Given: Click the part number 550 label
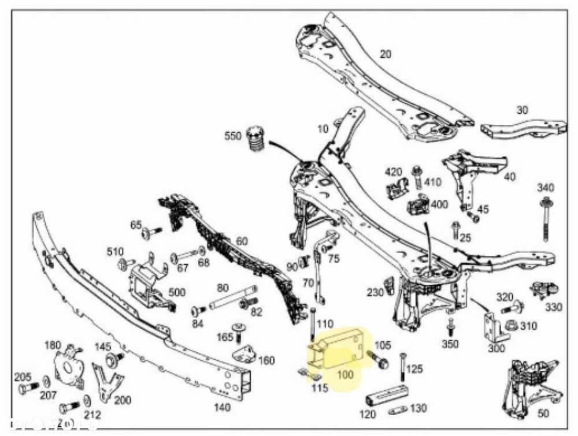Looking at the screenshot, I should (x=234, y=137).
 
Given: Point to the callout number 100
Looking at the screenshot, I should (x=344, y=374).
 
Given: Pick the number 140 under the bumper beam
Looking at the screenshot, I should (x=222, y=407).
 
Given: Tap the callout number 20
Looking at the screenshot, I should (x=385, y=54).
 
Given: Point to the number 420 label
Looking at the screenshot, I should (x=394, y=172).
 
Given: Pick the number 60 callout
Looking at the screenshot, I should (x=242, y=241).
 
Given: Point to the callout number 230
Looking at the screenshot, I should (x=375, y=292).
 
